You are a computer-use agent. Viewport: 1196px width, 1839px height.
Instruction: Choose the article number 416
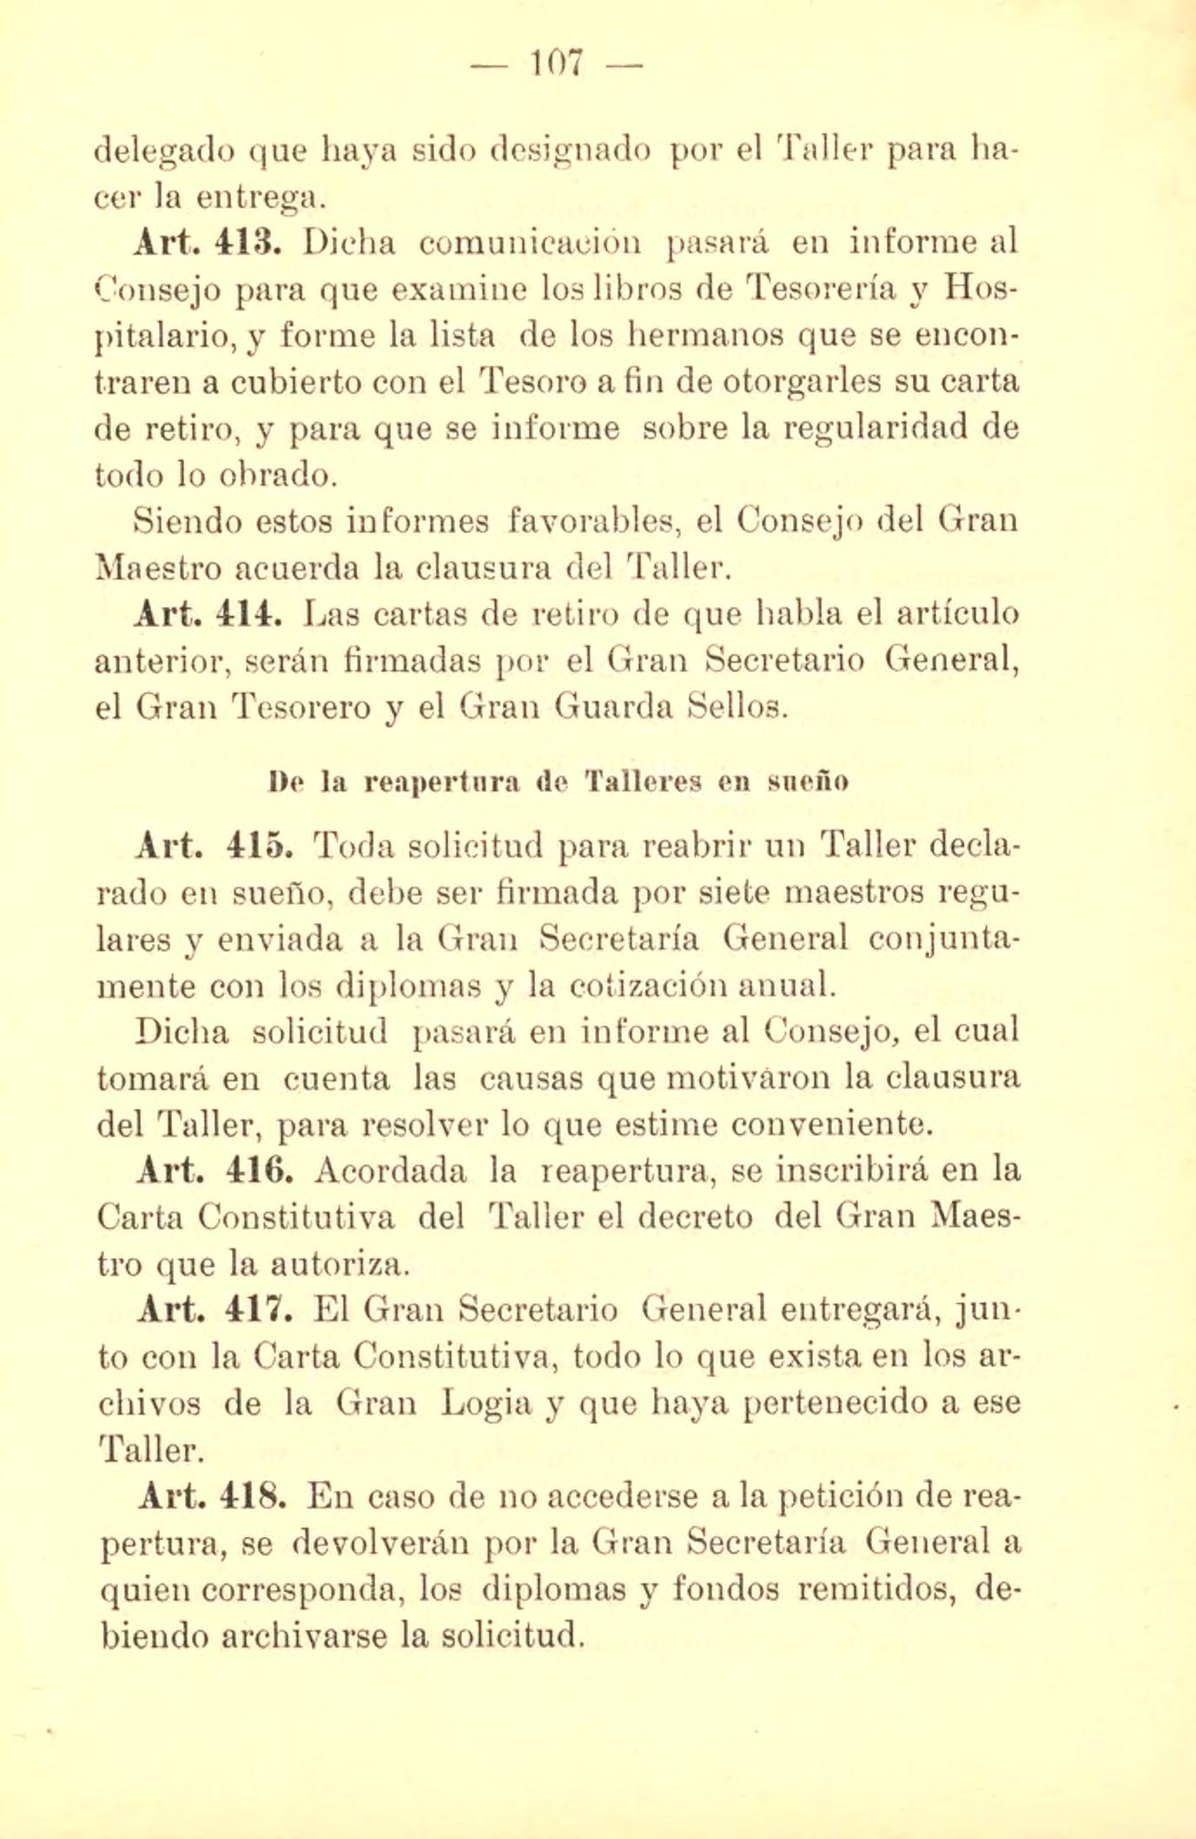(x=255, y=1171)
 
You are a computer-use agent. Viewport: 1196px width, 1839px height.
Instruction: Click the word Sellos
(x=737, y=708)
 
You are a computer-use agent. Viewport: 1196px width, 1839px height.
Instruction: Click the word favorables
(x=591, y=521)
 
